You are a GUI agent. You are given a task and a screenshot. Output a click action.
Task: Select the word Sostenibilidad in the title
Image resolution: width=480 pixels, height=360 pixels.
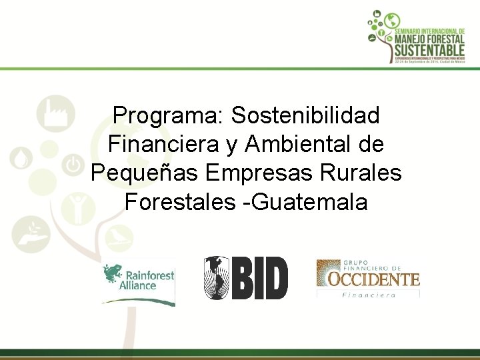pyautogui.click(x=305, y=115)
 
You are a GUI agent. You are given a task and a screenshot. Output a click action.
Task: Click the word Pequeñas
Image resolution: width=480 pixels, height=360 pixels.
pyautogui.click(x=145, y=172)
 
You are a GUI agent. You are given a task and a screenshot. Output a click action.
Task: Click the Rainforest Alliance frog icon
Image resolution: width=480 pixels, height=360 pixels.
pyautogui.click(x=113, y=275)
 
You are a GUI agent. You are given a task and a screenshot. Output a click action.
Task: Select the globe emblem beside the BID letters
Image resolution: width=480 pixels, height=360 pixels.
pyautogui.click(x=216, y=278)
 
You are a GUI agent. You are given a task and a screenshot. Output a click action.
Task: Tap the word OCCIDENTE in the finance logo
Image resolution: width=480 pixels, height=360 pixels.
pyautogui.click(x=368, y=279)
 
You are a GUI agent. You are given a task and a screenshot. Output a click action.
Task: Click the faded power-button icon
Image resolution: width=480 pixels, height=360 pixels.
pyautogui.click(x=73, y=163)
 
